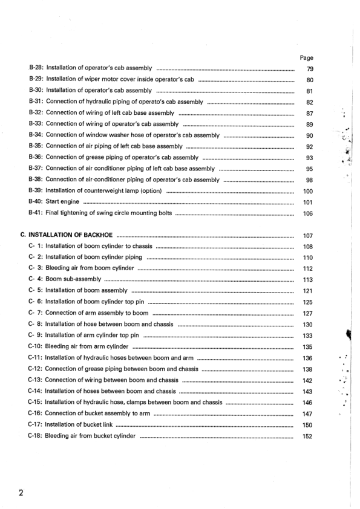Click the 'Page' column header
307,58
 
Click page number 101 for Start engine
307,202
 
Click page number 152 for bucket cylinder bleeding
307,436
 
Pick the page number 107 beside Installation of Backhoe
307,236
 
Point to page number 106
307,213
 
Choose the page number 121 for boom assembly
307,291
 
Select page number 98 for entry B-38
309,180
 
